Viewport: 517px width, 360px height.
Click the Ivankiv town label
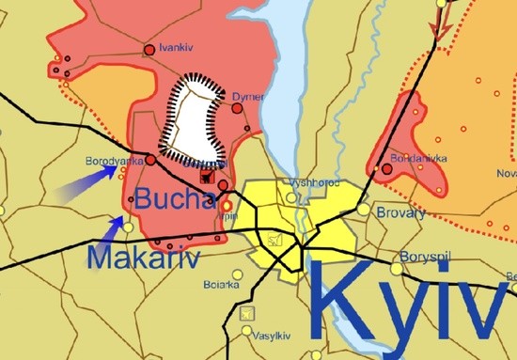click(176, 47)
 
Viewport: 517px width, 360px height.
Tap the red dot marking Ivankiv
click(149, 49)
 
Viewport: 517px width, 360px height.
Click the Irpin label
click(227, 215)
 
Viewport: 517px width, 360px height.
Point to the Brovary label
click(394, 213)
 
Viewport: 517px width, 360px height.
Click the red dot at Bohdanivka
click(386, 169)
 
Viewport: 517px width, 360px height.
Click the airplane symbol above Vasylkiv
click(248, 312)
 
